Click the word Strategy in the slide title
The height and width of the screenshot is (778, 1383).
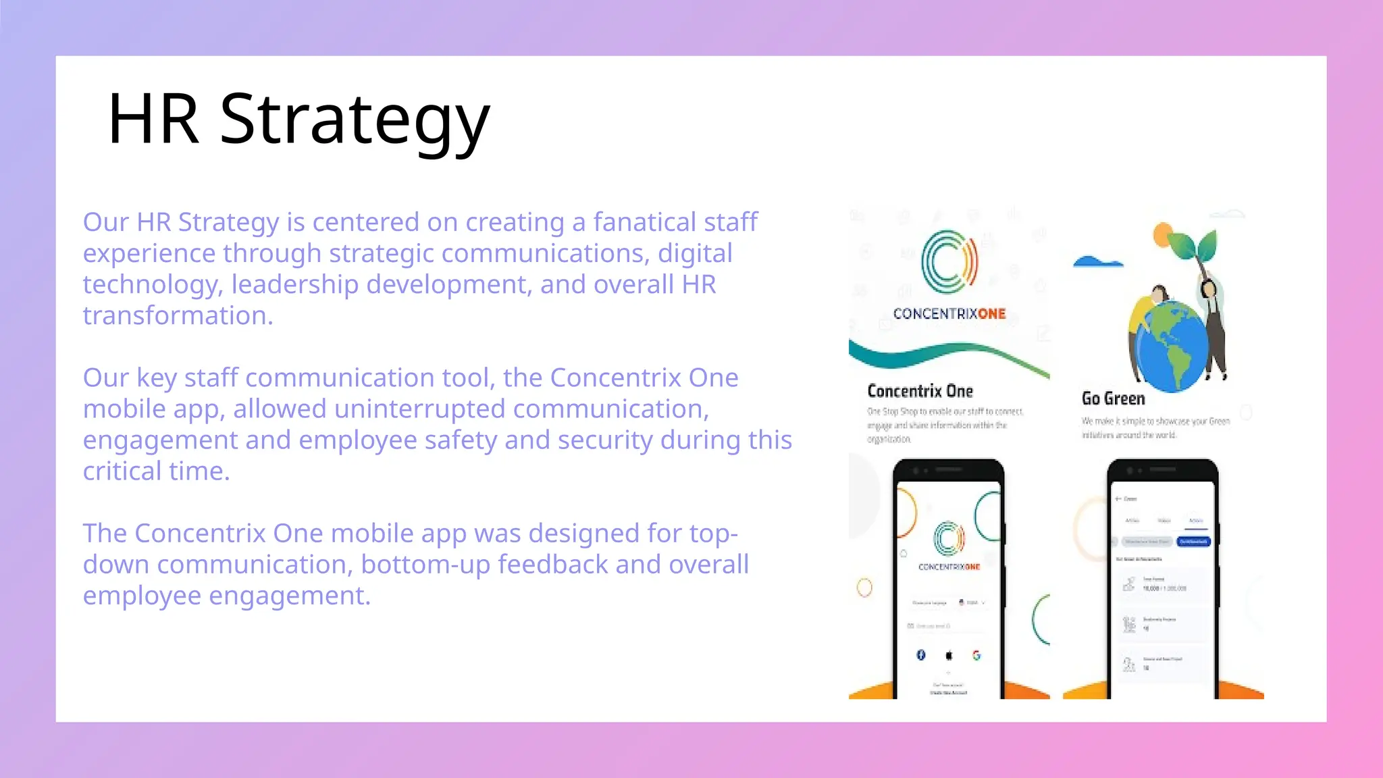(x=355, y=120)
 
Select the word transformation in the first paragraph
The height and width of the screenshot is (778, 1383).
(x=178, y=315)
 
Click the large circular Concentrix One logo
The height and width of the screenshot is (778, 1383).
(x=949, y=262)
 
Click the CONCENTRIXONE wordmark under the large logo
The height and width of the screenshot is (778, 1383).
(x=949, y=313)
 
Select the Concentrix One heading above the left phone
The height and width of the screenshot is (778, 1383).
(x=920, y=391)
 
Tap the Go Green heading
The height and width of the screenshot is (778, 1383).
(x=1113, y=398)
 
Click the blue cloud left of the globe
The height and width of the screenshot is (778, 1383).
(x=1097, y=262)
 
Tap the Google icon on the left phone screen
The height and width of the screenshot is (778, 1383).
(x=976, y=655)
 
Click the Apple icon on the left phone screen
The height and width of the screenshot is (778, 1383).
(x=949, y=655)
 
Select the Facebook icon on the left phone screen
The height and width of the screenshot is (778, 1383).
(x=921, y=655)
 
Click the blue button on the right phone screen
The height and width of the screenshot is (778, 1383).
(x=1193, y=542)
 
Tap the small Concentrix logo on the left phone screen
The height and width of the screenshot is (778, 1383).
(x=949, y=539)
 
